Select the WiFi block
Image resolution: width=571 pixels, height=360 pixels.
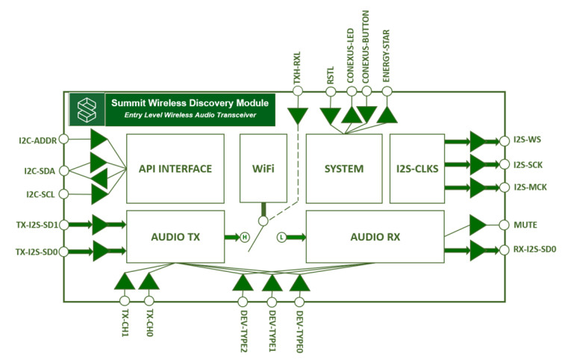(x=261, y=169)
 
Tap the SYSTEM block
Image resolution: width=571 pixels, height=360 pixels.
(x=343, y=169)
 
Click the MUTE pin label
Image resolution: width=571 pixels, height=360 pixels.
(x=525, y=225)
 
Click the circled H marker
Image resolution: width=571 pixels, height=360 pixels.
(x=243, y=238)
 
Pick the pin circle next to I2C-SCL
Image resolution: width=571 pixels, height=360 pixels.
(x=64, y=196)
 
